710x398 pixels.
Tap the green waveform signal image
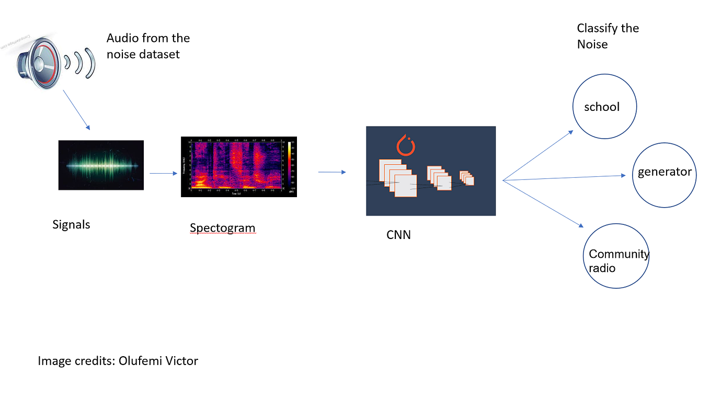[x=101, y=165]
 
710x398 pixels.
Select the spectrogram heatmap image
[x=235, y=166]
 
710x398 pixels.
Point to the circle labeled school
[x=604, y=107]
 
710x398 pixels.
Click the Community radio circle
[x=616, y=256]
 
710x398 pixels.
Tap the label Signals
[x=71, y=225]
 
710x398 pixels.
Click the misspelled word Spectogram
[x=222, y=228]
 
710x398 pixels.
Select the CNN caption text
[x=398, y=235]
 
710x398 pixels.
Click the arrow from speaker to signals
[x=76, y=110]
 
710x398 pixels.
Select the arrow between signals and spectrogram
[x=164, y=173]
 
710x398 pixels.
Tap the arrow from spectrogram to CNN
[x=332, y=172]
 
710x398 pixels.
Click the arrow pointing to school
[x=539, y=155]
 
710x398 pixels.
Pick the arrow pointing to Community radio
[x=544, y=204]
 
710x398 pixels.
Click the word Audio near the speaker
[x=122, y=38]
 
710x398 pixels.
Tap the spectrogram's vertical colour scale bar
[x=289, y=164]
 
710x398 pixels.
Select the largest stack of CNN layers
[x=397, y=178]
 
